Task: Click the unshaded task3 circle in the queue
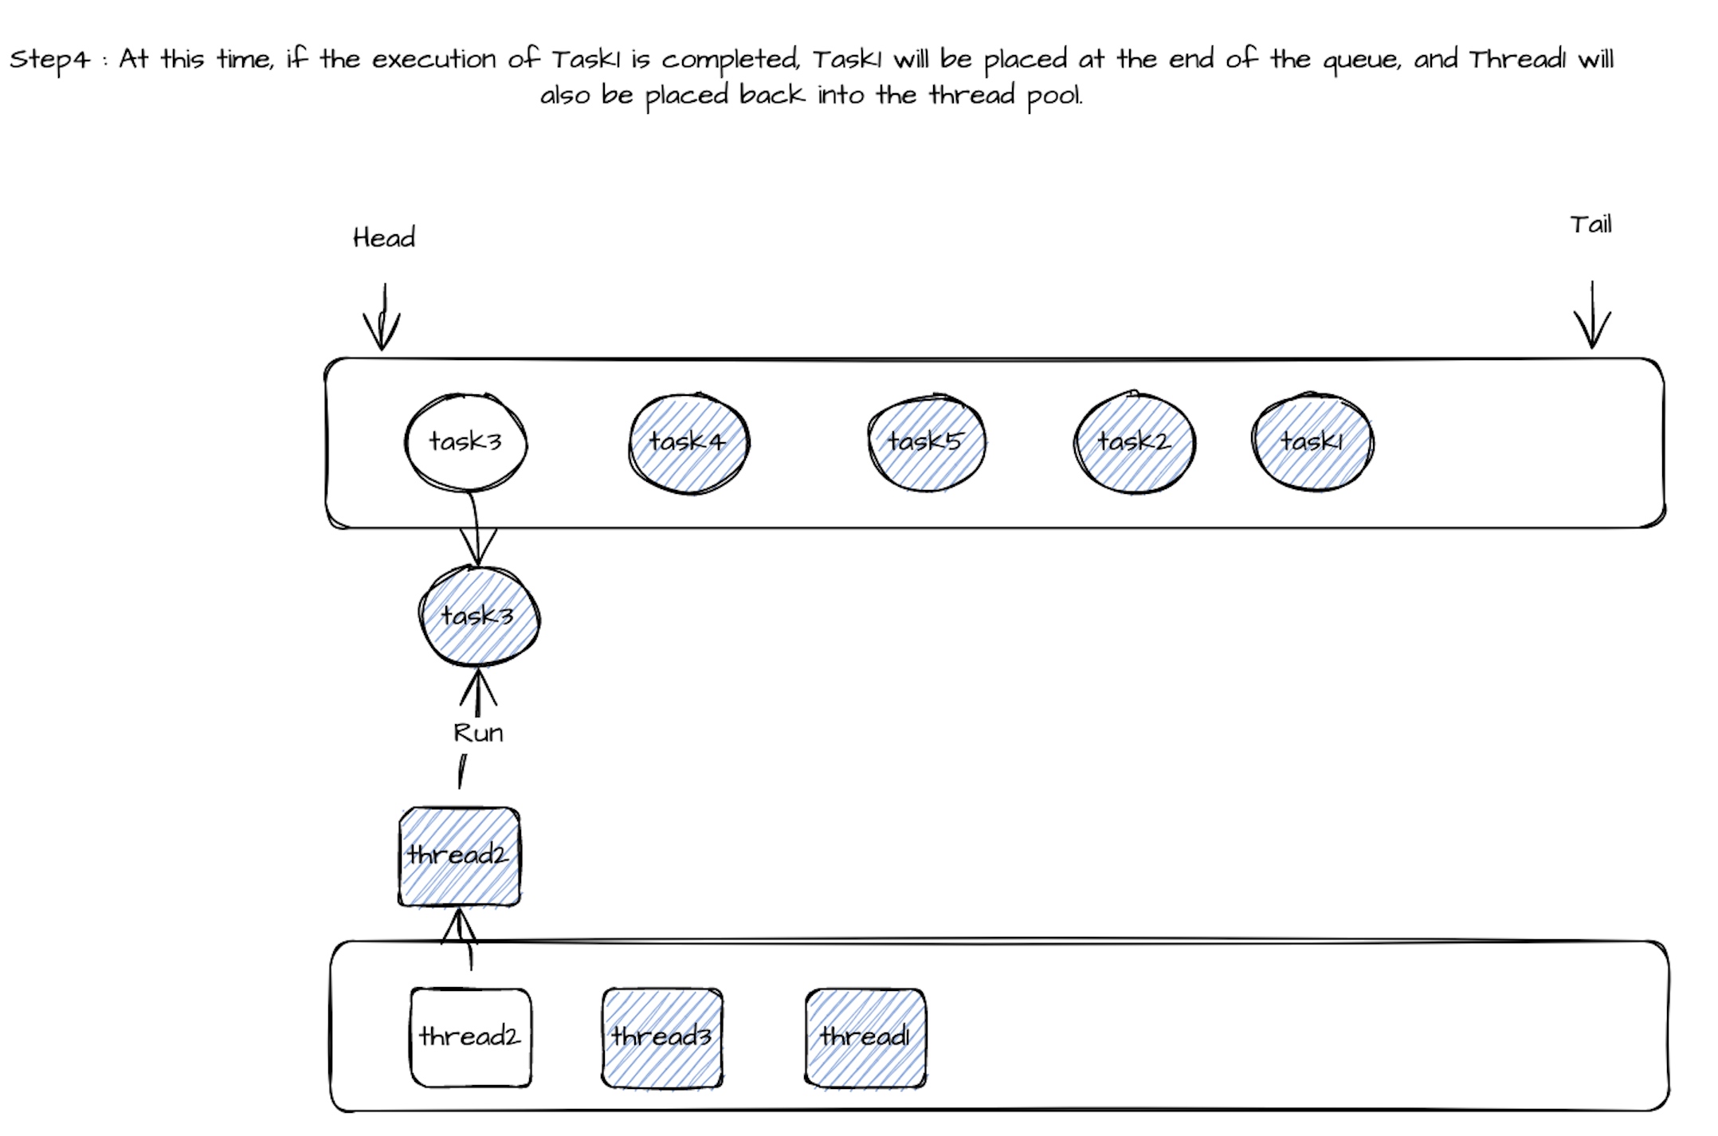[x=465, y=442]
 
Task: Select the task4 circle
[x=688, y=442]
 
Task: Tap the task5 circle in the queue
[x=926, y=442]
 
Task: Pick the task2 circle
[x=1134, y=442]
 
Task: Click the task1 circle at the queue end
[x=1312, y=442]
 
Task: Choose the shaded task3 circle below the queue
[x=479, y=616]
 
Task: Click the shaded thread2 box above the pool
[x=459, y=856]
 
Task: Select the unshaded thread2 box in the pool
[x=470, y=1037]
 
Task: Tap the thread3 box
[x=662, y=1037]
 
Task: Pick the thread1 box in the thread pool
[x=865, y=1037]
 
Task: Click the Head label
[x=384, y=237]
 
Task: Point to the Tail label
[x=1591, y=225]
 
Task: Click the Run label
[x=478, y=733]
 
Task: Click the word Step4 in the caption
[x=49, y=60]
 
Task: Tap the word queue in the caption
[x=1361, y=61]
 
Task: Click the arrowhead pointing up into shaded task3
[x=478, y=687]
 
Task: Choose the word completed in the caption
[x=730, y=61]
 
